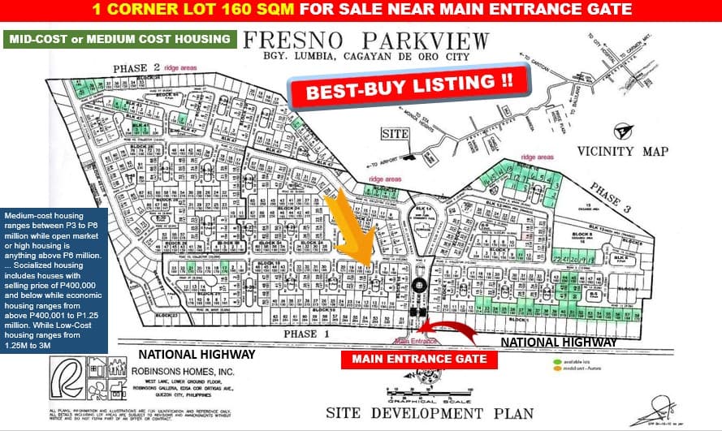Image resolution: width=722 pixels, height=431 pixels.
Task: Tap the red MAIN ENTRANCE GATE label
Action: coord(419,358)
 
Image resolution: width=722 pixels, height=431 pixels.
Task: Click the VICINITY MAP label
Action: coord(623,151)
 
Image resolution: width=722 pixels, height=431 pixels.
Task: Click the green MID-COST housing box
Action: coord(120,38)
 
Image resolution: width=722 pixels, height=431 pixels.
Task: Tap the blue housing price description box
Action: coord(54,276)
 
